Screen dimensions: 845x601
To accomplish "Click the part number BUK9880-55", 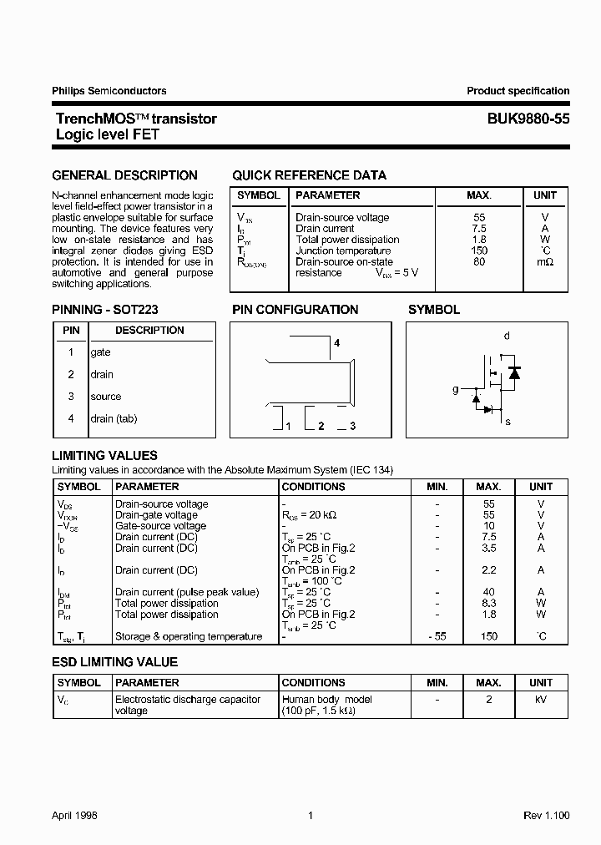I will (529, 119).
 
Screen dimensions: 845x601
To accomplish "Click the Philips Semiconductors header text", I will (109, 91).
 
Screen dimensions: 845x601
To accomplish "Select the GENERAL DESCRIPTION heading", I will (125, 175).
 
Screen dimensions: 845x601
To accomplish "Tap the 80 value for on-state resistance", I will (479, 261).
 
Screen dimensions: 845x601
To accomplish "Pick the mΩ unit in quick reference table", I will (544, 261).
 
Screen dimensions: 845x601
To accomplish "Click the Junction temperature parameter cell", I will (343, 250).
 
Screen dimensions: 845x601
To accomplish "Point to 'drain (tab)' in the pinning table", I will (114, 418).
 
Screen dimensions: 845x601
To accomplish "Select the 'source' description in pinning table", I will (106, 397).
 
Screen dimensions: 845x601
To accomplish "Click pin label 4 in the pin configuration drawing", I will (336, 343).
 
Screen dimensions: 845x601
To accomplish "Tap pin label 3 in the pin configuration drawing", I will (352, 427).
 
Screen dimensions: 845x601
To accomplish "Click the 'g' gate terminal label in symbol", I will (456, 389).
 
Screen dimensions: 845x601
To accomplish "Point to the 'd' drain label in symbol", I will (507, 336).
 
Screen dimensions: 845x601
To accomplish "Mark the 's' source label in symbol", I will (508, 422).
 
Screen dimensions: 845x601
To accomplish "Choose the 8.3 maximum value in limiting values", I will (489, 603).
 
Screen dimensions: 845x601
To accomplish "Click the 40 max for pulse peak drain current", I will (489, 592).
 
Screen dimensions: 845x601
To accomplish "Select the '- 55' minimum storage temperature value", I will (437, 636).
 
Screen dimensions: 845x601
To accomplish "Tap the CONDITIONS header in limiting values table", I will (314, 486).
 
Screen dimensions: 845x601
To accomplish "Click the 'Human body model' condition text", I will (327, 699).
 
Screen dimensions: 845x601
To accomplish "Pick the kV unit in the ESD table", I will (541, 699).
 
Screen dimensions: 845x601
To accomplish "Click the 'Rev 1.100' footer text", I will (546, 815).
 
